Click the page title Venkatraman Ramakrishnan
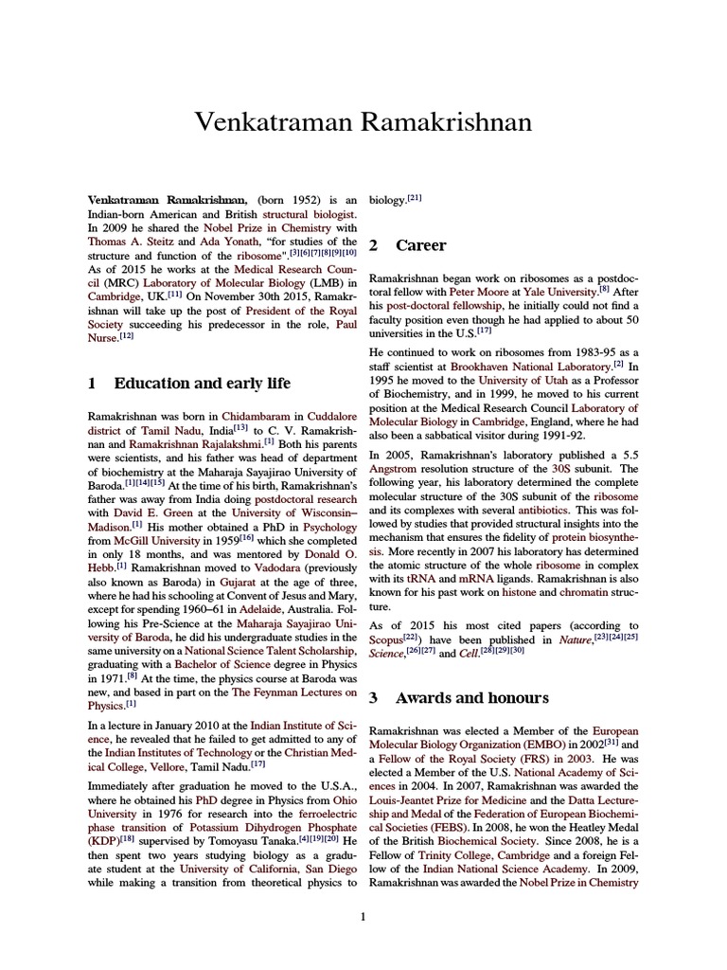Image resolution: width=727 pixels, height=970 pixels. [x=363, y=122]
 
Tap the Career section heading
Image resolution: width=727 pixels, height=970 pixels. [x=420, y=245]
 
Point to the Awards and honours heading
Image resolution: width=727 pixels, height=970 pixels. [x=471, y=698]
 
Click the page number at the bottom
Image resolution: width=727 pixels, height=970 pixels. [x=363, y=916]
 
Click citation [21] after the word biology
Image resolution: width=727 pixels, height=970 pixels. [x=415, y=198]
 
